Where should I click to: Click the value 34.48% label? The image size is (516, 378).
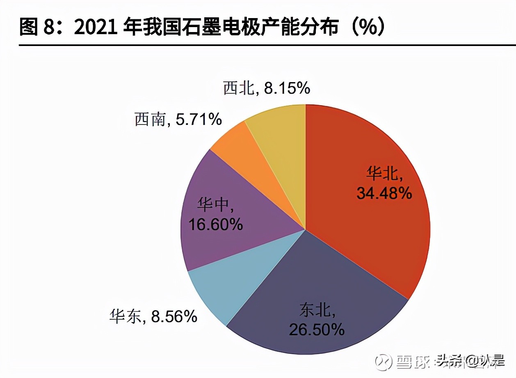pos(384,193)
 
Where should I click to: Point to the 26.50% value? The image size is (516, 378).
pos(317,329)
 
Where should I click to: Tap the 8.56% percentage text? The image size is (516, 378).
pos(174,316)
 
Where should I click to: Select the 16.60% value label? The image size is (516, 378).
pos(216,224)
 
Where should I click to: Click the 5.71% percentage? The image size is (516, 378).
pos(199,120)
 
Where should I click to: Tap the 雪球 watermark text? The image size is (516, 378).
pos(412,362)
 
